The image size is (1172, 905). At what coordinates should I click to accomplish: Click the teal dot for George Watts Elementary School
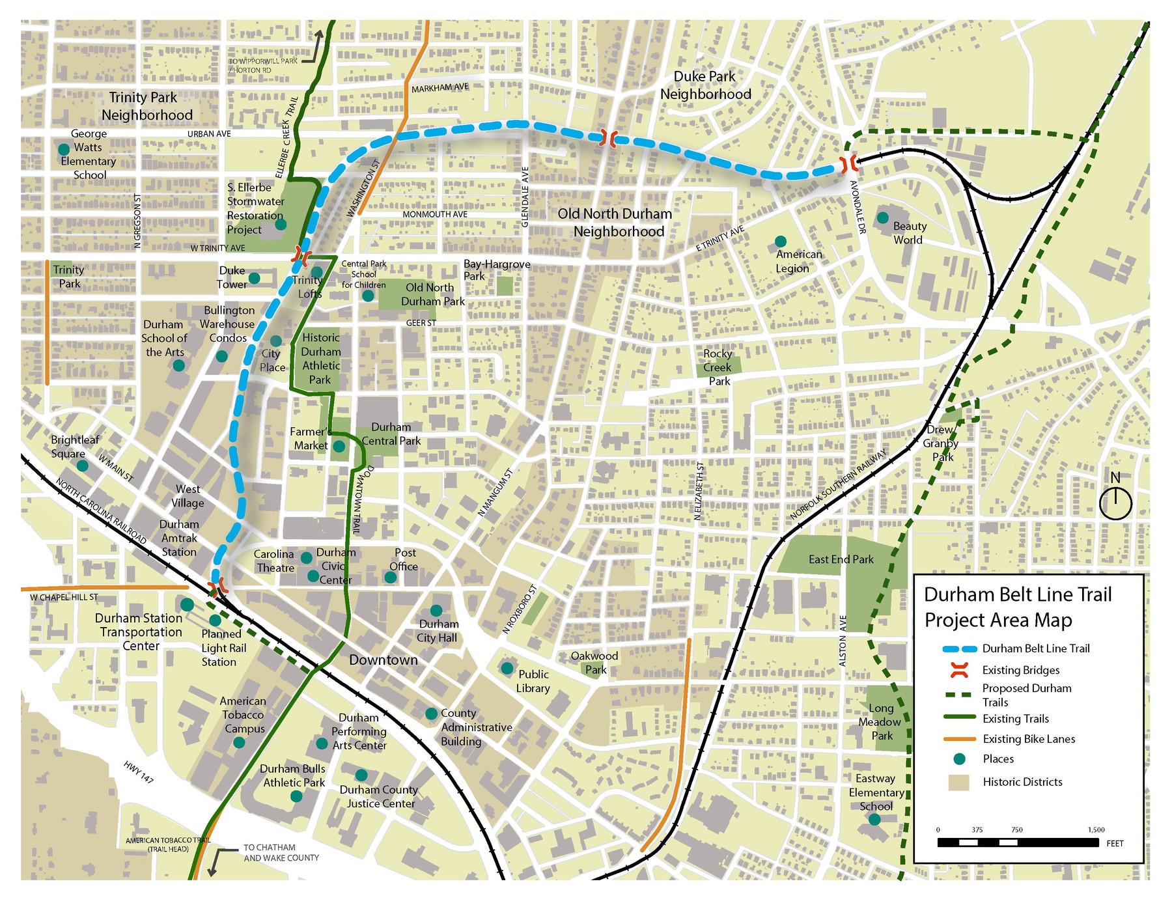[64, 149]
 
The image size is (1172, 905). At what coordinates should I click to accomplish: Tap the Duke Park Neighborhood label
[705, 86]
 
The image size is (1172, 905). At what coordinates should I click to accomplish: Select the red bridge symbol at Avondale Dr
[848, 164]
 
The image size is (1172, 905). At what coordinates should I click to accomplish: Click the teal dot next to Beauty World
[883, 217]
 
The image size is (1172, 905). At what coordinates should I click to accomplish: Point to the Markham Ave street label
[439, 88]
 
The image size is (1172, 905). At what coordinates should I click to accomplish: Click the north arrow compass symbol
[1115, 503]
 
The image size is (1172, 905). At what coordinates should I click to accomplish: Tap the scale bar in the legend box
[1018, 842]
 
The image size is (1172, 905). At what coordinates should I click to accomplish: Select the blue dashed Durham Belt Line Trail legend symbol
[960, 649]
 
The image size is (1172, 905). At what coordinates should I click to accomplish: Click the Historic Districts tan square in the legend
[958, 783]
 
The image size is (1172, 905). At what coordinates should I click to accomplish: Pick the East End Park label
[841, 559]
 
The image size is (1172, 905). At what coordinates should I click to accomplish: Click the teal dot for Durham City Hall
[436, 610]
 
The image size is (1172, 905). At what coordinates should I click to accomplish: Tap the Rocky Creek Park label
[718, 367]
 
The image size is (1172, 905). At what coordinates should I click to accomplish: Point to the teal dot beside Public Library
[507, 668]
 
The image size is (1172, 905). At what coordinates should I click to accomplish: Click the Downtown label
[383, 660]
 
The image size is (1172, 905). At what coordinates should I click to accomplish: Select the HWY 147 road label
[139, 772]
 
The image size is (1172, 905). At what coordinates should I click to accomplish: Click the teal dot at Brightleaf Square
[82, 466]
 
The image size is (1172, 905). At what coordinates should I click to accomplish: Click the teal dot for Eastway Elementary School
[874, 820]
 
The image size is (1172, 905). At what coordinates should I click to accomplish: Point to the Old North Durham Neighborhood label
[615, 223]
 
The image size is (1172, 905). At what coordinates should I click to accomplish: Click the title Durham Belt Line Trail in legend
[1017, 594]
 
